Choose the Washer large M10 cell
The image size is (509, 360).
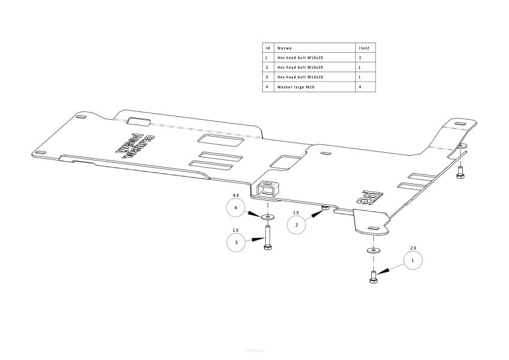(296, 87)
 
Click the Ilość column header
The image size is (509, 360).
(363, 47)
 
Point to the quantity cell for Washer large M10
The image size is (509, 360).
(359, 87)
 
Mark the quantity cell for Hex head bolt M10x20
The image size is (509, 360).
(359, 58)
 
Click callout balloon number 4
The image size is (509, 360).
(237, 208)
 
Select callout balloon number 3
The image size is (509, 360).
(237, 243)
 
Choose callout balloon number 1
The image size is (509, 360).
(413, 261)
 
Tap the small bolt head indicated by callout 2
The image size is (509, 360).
(324, 207)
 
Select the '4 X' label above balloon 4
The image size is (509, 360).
(236, 195)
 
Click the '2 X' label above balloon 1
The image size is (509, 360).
(413, 247)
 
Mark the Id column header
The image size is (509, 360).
(268, 47)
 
